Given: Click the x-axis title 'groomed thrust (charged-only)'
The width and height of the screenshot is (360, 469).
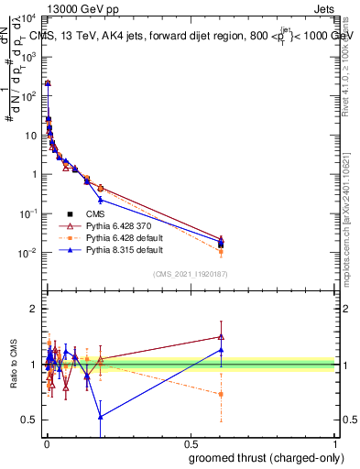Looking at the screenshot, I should [x=265, y=458].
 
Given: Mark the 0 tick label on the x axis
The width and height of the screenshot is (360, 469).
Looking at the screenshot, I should [x=47, y=442].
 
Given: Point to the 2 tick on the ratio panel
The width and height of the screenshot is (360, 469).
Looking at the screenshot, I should [x=34, y=309].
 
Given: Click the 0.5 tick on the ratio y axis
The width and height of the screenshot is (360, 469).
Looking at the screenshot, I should [x=30, y=420].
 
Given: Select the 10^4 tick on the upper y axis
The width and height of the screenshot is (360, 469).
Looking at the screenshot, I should [x=29, y=18].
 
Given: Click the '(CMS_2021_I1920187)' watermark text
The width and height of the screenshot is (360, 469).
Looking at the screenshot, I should [x=190, y=273].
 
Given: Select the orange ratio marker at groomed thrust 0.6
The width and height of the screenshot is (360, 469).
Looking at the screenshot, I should [x=222, y=394].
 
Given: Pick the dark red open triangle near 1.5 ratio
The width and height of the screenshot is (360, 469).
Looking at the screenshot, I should [x=222, y=336].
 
